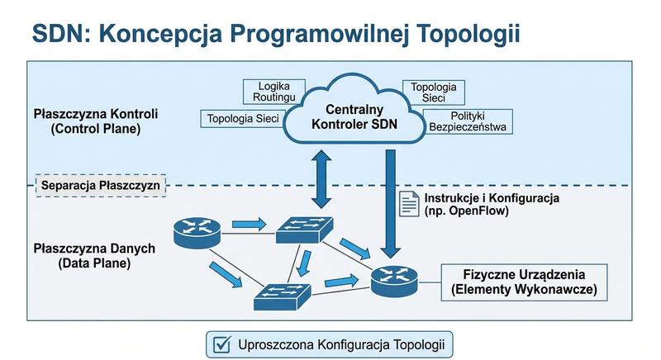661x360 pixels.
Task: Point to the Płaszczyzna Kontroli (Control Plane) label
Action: [96, 121]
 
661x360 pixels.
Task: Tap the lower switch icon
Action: [283, 295]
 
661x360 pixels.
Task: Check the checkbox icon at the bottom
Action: [221, 343]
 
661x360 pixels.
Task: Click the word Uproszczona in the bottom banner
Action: [278, 343]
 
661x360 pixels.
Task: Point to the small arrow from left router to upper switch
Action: [248, 224]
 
